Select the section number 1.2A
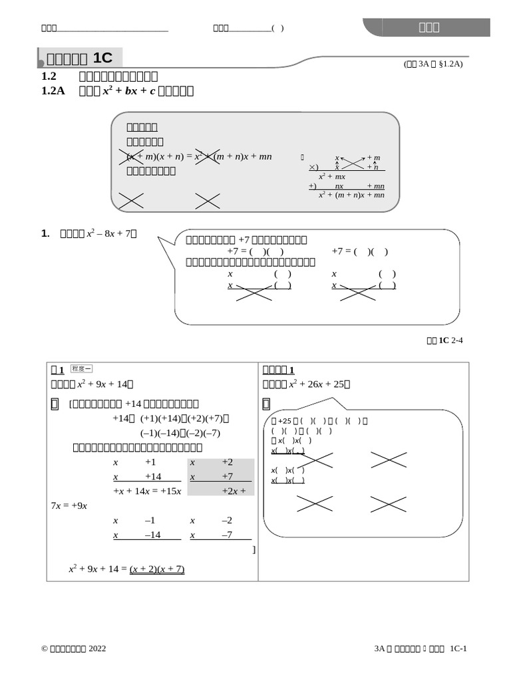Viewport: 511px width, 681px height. pyautogui.click(x=53, y=90)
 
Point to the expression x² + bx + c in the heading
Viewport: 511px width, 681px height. pyautogui.click(x=128, y=90)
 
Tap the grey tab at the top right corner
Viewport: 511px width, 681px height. pyautogui.click(x=428, y=27)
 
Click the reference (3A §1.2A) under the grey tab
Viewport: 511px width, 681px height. pyautogui.click(x=432, y=64)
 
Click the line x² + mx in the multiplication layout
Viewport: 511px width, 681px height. pyautogui.click(x=331, y=177)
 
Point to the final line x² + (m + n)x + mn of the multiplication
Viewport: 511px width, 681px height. pyautogui.click(x=351, y=195)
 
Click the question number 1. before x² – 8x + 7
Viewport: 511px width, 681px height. pyautogui.click(x=45, y=233)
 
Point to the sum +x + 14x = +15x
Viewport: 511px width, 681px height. pyautogui.click(x=148, y=491)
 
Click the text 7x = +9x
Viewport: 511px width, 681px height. pyautogui.click(x=69, y=505)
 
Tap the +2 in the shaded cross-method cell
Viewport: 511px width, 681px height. pyautogui.click(x=228, y=462)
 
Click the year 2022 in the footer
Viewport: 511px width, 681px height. pyautogui.click(x=96, y=648)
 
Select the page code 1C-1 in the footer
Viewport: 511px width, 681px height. pyautogui.click(x=458, y=648)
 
